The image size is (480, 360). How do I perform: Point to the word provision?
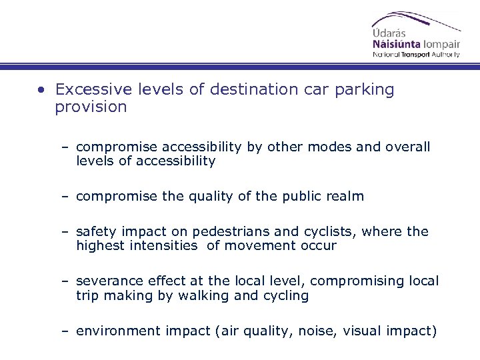(91, 107)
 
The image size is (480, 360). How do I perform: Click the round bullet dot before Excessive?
(42, 90)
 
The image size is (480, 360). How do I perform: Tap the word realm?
(343, 196)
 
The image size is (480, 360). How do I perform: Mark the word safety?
(97, 232)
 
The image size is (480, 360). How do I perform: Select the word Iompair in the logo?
(439, 45)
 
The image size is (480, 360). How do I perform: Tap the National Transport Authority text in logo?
(416, 55)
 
